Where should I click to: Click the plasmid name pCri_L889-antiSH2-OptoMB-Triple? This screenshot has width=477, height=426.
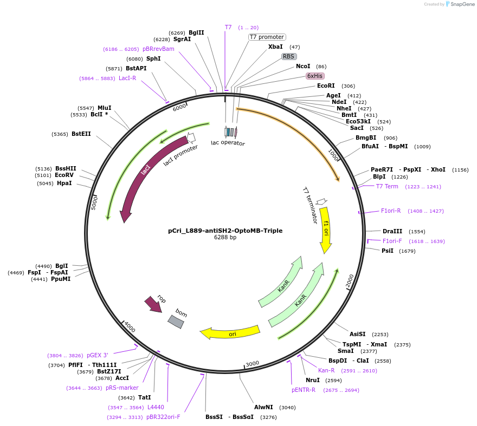click(x=225, y=230)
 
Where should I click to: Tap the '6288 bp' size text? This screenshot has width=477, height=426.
click(x=225, y=237)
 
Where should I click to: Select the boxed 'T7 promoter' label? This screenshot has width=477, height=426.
click(x=267, y=37)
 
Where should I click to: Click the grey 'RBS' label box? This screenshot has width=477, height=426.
click(x=289, y=56)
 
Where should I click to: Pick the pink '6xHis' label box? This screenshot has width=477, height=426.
click(x=315, y=76)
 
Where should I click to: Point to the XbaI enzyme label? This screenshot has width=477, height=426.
click(x=275, y=47)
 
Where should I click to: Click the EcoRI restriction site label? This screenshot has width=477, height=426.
click(x=326, y=86)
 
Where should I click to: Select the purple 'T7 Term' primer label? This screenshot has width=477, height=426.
click(x=387, y=186)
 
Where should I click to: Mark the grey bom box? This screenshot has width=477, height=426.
click(x=176, y=322)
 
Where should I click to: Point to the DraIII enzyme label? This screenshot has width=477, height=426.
click(x=392, y=231)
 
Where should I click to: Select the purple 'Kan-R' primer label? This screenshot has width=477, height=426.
click(x=326, y=370)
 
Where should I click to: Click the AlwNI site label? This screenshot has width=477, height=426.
click(x=265, y=407)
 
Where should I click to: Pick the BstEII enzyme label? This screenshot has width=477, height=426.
click(x=81, y=134)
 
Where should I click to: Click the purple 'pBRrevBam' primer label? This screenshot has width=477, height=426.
click(x=158, y=49)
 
